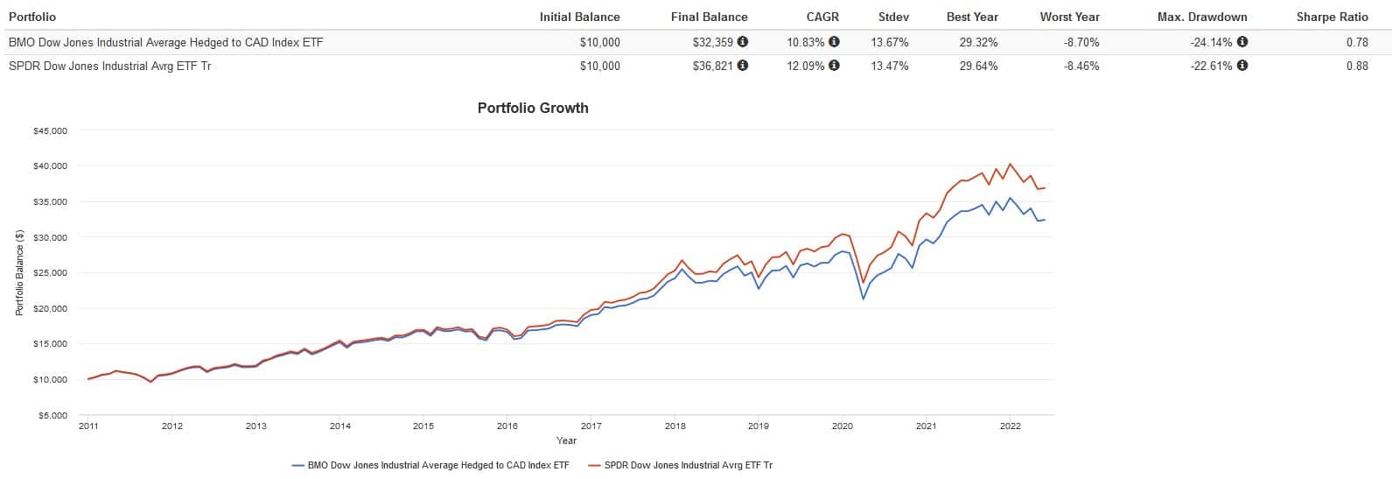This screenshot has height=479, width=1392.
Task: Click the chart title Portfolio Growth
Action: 532,109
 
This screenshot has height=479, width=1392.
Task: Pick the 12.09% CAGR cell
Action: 805,66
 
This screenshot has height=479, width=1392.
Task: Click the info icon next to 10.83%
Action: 834,42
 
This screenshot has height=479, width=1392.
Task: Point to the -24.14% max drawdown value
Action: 1211,42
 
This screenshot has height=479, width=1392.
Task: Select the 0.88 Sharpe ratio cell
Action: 1357,66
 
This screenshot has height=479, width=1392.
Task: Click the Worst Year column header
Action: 1069,17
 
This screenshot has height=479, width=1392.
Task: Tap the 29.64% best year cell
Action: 978,66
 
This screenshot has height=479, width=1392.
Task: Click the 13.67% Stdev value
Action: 890,42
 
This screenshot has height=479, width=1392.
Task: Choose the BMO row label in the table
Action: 165,42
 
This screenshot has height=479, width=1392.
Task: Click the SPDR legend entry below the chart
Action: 688,465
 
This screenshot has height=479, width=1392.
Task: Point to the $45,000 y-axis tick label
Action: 51,131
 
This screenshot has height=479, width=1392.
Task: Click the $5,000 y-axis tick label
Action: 52,416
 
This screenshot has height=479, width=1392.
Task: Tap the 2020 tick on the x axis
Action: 842,426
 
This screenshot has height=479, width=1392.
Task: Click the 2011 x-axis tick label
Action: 88,426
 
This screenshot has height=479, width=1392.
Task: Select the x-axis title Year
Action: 566,440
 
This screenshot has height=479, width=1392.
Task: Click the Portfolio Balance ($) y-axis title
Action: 18,273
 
